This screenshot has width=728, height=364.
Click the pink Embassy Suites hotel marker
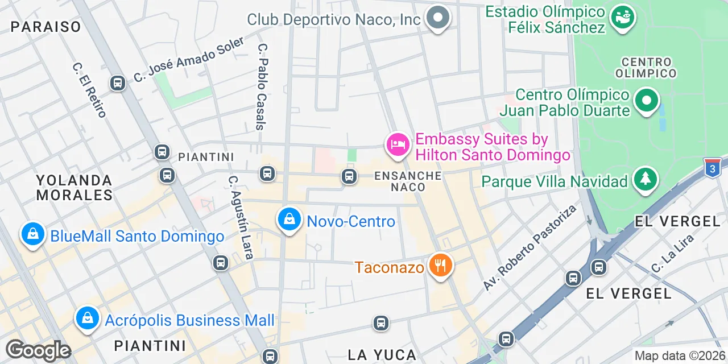pos(398,144)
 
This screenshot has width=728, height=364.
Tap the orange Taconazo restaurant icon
pos(439,264)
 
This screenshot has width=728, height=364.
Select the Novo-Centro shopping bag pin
pos(289,219)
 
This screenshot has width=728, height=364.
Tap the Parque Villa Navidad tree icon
pos(645,179)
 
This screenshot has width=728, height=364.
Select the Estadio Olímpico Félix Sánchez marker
pos(622,17)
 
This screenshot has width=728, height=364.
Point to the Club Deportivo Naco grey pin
pos(437,18)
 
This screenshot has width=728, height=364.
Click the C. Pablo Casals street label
pos(262,87)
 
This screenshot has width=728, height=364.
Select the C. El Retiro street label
pos(90,89)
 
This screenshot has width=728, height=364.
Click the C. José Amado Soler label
pos(189,59)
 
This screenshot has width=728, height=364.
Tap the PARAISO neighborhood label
pos(45,26)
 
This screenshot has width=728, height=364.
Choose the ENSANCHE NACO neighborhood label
pos(408,181)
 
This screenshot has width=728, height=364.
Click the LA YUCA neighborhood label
pos(382,355)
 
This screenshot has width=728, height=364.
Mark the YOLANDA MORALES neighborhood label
pos(74,188)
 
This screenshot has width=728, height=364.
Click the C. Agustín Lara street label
pos(239,217)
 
